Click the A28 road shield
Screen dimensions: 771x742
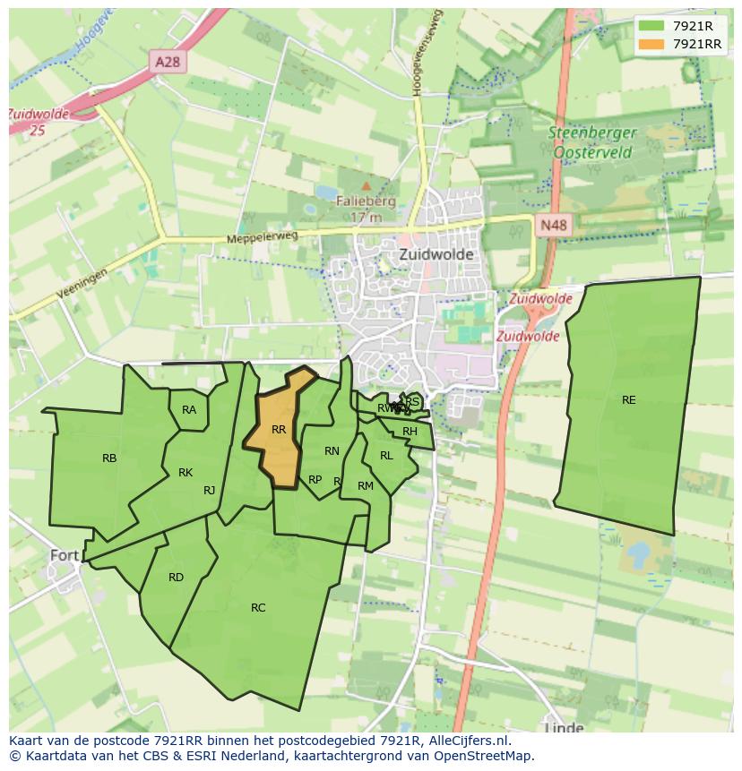tap(167, 61)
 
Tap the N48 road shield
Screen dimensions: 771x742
tap(553, 226)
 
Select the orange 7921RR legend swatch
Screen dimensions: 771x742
tap(651, 44)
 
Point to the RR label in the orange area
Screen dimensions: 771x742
tap(279, 430)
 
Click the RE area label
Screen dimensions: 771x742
tap(629, 400)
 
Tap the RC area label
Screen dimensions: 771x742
tap(258, 608)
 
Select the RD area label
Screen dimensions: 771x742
tap(176, 578)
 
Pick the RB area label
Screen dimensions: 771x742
tap(109, 458)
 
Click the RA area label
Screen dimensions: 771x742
tap(189, 410)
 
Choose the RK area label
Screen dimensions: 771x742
tap(185, 473)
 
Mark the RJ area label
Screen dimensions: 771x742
tap(209, 490)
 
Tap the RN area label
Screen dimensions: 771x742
tap(332, 451)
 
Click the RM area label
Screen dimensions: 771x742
tap(366, 486)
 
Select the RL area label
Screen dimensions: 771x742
tap(386, 456)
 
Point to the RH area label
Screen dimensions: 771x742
tap(410, 432)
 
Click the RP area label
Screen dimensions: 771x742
tap(315, 480)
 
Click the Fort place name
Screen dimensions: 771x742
tap(65, 555)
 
